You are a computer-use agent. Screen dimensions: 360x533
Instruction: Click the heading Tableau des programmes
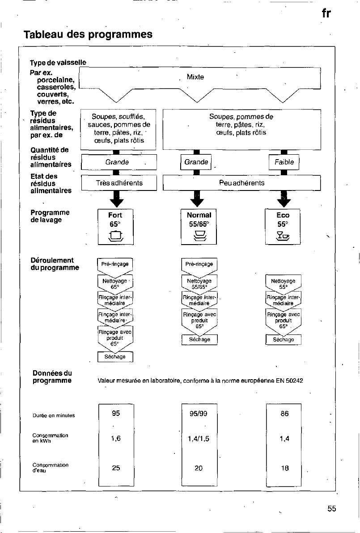(88, 34)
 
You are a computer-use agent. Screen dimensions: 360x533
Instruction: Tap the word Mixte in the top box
(195, 77)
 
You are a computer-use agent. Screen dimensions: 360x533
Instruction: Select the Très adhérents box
(119, 183)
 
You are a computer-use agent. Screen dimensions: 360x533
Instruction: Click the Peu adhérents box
(241, 183)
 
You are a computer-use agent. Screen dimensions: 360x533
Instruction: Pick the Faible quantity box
(284, 162)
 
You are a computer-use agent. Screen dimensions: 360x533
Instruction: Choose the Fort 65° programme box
(115, 227)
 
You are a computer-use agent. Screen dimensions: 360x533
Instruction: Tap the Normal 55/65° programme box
(199, 227)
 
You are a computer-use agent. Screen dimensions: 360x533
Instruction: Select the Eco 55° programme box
(283, 227)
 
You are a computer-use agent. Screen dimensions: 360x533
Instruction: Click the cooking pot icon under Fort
(115, 236)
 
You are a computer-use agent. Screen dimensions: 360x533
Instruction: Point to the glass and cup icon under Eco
(283, 236)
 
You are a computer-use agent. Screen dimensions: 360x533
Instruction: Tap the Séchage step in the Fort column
(115, 357)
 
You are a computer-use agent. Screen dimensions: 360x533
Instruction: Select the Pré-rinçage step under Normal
(199, 264)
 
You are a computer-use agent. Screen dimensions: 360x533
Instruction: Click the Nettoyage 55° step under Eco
(283, 284)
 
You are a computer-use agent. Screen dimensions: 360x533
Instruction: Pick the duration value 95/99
(199, 414)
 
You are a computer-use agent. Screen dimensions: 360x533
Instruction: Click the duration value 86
(284, 414)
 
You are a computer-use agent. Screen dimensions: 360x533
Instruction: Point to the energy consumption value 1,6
(116, 439)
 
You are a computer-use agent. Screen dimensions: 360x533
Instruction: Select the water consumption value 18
(285, 468)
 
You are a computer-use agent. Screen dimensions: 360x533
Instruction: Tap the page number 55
(332, 508)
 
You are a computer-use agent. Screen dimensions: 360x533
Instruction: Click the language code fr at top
(326, 13)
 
